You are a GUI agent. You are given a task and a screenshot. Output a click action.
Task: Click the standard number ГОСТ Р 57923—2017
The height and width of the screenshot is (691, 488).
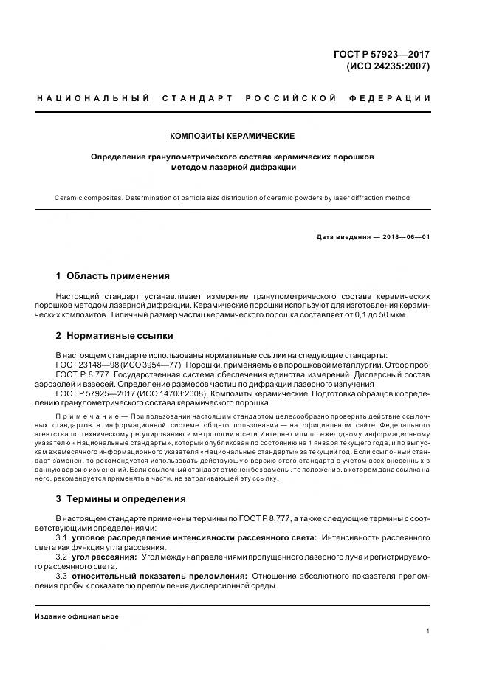(x=382, y=54)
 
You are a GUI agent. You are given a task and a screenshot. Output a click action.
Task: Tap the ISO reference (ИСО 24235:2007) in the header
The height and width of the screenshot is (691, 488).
(x=388, y=66)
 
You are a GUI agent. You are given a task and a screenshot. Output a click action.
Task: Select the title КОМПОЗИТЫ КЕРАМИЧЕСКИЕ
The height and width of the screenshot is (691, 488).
(x=232, y=137)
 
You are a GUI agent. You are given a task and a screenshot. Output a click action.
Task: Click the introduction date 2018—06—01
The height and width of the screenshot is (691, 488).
(x=405, y=236)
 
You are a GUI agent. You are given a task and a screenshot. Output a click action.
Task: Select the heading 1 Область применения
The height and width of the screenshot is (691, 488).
(x=112, y=276)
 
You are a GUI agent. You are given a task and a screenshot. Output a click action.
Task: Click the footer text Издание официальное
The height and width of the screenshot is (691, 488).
(x=77, y=616)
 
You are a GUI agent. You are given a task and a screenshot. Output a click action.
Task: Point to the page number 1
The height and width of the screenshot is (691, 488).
(x=428, y=631)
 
